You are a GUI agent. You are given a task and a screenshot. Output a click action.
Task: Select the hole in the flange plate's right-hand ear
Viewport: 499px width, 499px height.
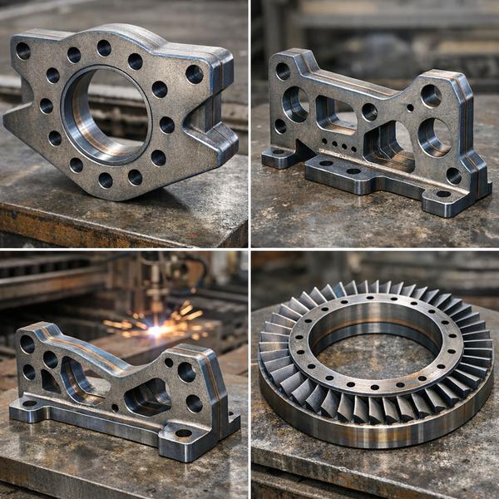pyautogui.click(x=194, y=74)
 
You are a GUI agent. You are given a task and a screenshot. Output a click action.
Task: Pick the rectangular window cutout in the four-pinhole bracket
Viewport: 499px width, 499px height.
pyautogui.click(x=335, y=113)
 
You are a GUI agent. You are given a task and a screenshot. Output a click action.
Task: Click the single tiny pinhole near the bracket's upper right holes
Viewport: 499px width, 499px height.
pyautogui.click(x=409, y=107)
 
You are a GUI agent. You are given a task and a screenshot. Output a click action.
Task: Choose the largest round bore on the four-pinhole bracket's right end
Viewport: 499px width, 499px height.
pyautogui.click(x=433, y=136)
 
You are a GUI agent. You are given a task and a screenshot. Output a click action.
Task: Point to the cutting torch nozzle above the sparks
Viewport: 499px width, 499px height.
pyautogui.click(x=155, y=299)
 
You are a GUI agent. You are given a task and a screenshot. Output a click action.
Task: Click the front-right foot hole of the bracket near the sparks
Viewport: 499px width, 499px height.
pyautogui.click(x=183, y=432)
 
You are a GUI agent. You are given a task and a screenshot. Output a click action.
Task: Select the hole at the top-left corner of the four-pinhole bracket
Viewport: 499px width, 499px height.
pyautogui.click(x=283, y=72)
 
